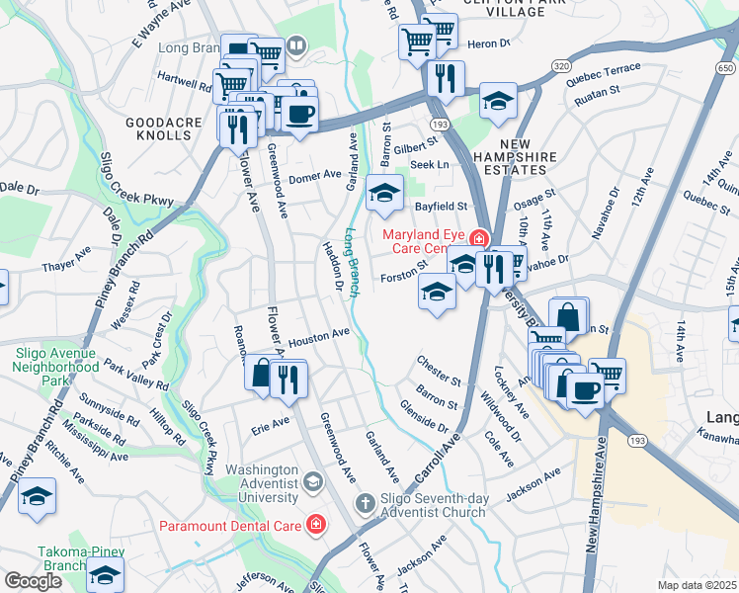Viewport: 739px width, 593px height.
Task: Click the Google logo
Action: pos(33,581)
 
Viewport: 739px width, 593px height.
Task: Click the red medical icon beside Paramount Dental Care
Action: pos(315,524)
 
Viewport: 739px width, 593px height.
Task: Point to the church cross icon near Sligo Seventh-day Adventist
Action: pos(364,504)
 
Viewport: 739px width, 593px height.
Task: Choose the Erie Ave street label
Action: pos(270,421)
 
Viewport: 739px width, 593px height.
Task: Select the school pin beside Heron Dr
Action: pos(498,100)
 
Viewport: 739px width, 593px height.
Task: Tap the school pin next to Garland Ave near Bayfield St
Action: pos(384,193)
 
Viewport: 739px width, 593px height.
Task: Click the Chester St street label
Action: pos(439,373)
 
